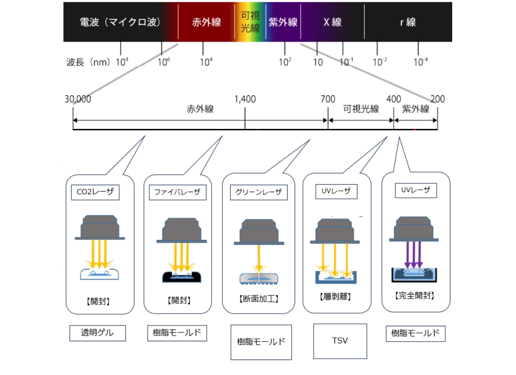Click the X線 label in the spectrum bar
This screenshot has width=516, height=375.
click(333, 22)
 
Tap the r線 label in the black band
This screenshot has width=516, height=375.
click(408, 22)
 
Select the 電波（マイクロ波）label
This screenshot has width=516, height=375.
click(120, 22)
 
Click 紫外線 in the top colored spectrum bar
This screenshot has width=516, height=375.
click(283, 22)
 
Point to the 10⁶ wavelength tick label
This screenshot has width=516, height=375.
click(164, 61)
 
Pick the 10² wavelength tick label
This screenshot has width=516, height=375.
click(285, 61)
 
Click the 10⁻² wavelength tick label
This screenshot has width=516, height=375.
click(380, 61)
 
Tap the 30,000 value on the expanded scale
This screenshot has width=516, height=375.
click(78, 99)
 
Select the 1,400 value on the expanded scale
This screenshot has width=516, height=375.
click(245, 99)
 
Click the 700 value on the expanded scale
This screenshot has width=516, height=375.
click(328, 99)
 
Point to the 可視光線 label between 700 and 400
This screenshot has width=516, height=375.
click(361, 109)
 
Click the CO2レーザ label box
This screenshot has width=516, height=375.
click(95, 192)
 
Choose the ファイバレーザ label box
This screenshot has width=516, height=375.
click(178, 192)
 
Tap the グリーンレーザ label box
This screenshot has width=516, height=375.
click(258, 192)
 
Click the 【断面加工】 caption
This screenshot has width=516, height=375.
click(258, 299)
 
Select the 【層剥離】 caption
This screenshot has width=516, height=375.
click(335, 297)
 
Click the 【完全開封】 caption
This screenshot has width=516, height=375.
click(415, 295)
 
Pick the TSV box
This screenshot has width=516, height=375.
click(340, 341)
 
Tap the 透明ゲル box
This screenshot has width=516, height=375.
click(98, 333)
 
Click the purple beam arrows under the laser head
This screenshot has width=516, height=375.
click(413, 255)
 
